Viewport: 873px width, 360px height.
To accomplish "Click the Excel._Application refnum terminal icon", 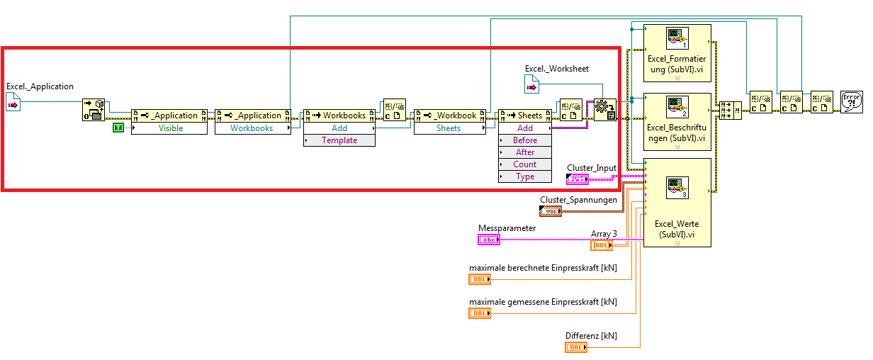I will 13,104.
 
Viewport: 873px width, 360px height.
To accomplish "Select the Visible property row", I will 170,128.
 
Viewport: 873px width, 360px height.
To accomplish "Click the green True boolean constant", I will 118,128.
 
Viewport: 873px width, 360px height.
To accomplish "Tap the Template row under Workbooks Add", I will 339,140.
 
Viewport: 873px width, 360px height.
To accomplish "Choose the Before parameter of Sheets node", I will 525,140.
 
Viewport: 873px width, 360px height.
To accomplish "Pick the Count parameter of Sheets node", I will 525,164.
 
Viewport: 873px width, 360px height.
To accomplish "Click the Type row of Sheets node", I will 525,176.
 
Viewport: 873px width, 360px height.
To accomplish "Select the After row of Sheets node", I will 525,152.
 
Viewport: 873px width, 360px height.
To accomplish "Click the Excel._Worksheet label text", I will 557,69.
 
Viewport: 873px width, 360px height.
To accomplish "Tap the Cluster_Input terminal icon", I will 578,179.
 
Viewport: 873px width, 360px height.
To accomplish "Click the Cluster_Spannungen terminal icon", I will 551,211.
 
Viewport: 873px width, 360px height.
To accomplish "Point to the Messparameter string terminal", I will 489,240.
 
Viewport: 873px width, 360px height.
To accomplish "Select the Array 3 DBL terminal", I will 602,245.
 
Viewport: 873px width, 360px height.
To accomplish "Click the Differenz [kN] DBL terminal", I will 576,347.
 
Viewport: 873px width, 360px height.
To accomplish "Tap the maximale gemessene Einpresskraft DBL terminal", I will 480,313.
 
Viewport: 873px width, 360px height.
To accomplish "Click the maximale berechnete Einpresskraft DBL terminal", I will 480,279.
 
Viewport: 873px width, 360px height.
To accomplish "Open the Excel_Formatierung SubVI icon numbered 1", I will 677,38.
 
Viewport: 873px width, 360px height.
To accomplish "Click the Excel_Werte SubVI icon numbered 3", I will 677,189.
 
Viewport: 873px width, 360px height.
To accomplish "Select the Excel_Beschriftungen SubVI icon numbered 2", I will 677,106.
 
